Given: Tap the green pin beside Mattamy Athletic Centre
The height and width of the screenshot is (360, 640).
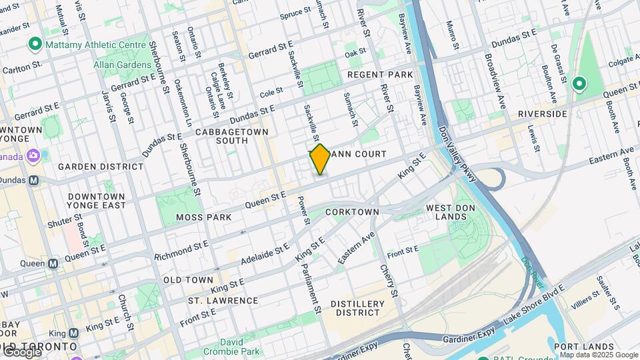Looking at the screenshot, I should [x=35, y=45].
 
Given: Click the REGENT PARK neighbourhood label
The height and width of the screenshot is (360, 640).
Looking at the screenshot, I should [x=380, y=75].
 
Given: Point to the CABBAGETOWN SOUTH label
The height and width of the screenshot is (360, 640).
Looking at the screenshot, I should [x=232, y=136].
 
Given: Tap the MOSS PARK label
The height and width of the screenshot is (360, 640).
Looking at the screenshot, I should [x=204, y=217].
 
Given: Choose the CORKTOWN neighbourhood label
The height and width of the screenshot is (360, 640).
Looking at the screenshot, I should [x=352, y=212].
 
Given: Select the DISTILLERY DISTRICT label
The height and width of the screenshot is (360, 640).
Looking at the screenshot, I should [x=358, y=308].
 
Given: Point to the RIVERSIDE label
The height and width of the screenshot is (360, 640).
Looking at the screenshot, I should [x=542, y=114].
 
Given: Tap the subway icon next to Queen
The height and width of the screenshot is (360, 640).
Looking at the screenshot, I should [x=53, y=263].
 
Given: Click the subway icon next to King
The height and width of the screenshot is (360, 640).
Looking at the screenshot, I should [x=73, y=333].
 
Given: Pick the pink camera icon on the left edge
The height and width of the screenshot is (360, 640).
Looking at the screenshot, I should [x=34, y=156].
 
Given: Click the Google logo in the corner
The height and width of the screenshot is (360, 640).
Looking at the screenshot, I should [x=21, y=351].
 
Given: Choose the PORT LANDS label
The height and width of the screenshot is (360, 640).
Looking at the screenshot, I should [x=583, y=347].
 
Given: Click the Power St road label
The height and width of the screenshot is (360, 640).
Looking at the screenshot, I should [x=303, y=209].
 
